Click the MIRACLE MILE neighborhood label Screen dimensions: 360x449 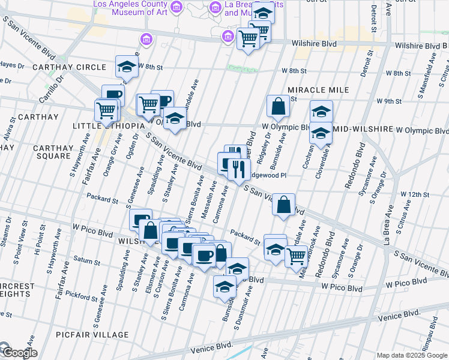click(318, 90)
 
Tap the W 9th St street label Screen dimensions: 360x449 click(388, 101)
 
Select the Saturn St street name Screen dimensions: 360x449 click(86, 261)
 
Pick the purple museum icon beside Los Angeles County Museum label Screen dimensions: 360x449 click(176, 7)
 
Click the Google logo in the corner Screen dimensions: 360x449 click(19, 353)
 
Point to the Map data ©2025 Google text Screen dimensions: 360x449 click(412, 355)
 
